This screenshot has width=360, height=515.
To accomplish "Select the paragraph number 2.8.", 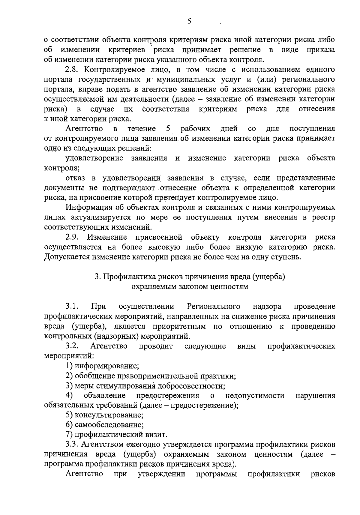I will click(x=73, y=70).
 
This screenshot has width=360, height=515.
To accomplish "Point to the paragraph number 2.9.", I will click(x=73, y=237).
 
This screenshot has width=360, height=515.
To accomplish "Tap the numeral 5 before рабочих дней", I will click(x=168, y=129).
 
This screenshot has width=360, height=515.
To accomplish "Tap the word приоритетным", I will click(x=180, y=326).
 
